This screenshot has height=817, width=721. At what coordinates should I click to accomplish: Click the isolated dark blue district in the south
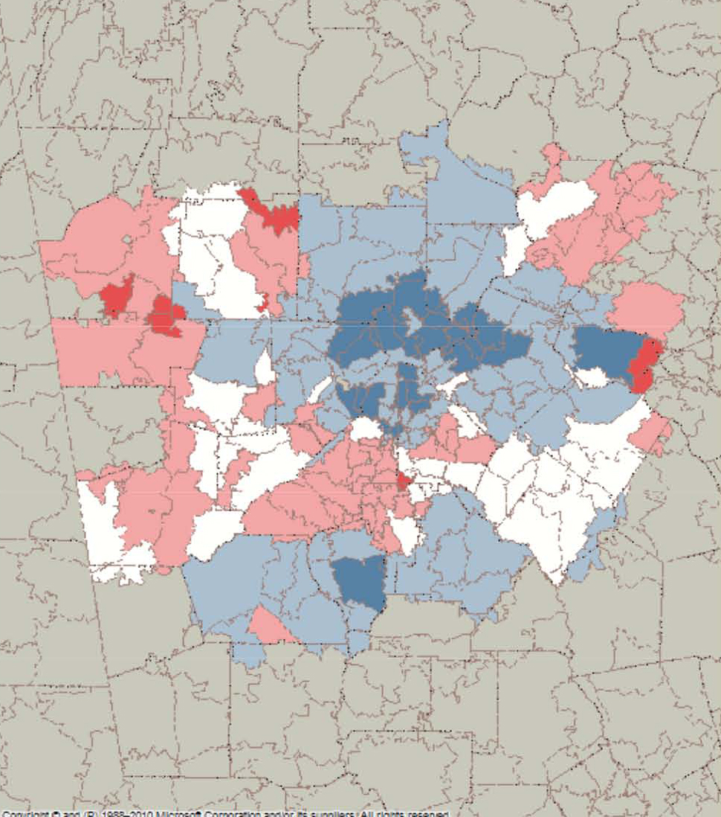click(358, 583)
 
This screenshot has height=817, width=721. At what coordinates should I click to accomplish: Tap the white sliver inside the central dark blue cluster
click(410, 322)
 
